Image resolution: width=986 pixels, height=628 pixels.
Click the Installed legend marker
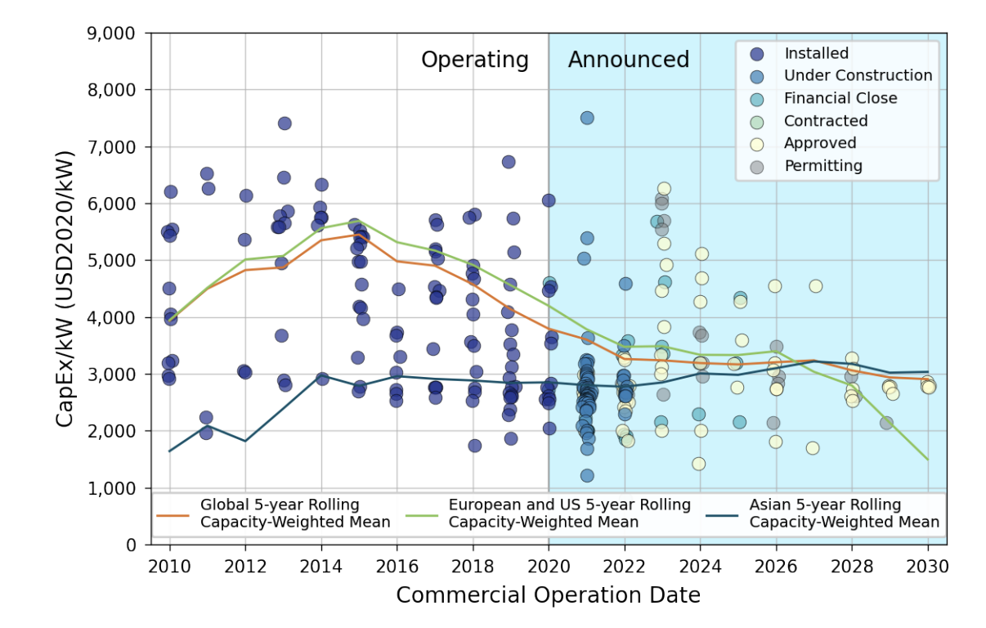point(757,54)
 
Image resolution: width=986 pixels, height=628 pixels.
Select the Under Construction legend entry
point(858,76)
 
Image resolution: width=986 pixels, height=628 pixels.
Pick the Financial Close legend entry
point(840,99)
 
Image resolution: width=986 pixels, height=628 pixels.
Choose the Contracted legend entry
point(826,121)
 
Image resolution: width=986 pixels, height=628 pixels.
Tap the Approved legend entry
point(820,144)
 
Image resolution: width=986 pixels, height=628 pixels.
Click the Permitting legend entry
point(822,166)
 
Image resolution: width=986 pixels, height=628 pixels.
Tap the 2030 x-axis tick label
point(927,566)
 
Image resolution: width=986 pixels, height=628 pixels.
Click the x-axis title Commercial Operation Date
point(548,595)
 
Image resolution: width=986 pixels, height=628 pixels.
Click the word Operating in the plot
point(475,60)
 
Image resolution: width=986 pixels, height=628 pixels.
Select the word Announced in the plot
point(629,60)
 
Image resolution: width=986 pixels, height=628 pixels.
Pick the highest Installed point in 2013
point(285,123)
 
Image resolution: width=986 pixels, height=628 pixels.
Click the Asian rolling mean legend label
point(844,514)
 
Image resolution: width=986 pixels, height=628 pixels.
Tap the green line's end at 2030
point(927,460)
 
